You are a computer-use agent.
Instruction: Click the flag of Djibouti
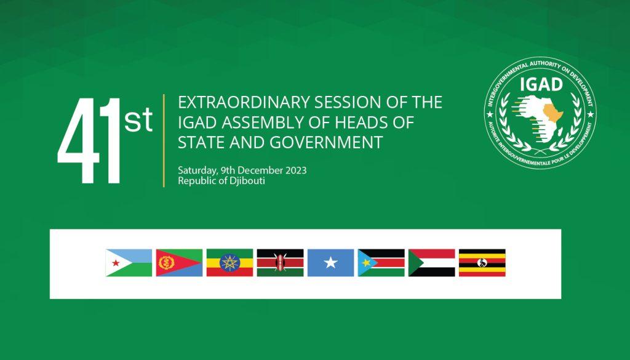(129, 263)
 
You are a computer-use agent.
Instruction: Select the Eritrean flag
(179, 263)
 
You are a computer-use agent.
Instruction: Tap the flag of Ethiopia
(229, 263)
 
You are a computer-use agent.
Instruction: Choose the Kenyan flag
(280, 263)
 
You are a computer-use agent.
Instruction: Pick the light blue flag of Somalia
(330, 263)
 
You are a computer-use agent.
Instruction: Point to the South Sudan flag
(381, 263)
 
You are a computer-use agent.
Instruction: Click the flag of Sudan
(431, 263)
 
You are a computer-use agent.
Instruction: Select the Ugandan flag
(482, 263)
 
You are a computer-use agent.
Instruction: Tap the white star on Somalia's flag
(330, 263)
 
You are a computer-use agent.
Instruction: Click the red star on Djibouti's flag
(114, 263)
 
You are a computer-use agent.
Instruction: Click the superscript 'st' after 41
(138, 121)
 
